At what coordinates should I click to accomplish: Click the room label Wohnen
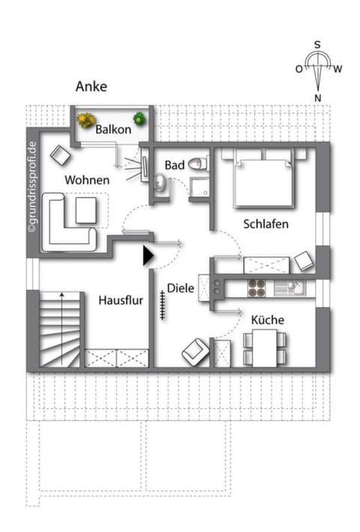(x=87, y=180)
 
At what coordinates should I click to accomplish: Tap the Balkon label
(x=113, y=129)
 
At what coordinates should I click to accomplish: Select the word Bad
(x=175, y=164)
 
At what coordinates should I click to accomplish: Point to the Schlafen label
(x=265, y=224)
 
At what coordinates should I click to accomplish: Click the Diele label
(x=181, y=287)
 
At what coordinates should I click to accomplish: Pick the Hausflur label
(x=120, y=300)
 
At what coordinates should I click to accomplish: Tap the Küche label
(x=267, y=320)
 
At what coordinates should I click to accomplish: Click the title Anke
(x=91, y=86)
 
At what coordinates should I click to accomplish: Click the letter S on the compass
(x=318, y=44)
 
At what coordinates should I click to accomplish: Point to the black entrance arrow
(x=148, y=256)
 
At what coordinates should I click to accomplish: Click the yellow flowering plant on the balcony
(x=86, y=119)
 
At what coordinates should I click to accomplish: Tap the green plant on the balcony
(x=139, y=119)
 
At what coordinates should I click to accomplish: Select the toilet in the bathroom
(x=196, y=163)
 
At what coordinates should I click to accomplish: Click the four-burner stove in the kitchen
(x=257, y=287)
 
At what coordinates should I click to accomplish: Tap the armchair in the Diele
(x=195, y=350)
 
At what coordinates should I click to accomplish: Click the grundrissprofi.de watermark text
(x=31, y=188)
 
